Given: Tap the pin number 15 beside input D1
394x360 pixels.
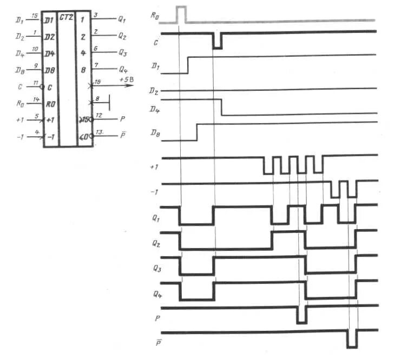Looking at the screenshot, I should [x=35, y=16].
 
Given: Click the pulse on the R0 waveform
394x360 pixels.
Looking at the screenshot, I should [x=181, y=14].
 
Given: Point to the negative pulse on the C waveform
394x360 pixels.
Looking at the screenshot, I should [x=217, y=41].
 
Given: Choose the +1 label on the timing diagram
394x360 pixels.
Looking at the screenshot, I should [x=154, y=168].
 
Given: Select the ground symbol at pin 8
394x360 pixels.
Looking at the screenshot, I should [x=108, y=101].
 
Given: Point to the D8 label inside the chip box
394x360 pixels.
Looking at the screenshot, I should [x=50, y=70].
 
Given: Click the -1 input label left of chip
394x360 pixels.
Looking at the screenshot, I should [x=20, y=137].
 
